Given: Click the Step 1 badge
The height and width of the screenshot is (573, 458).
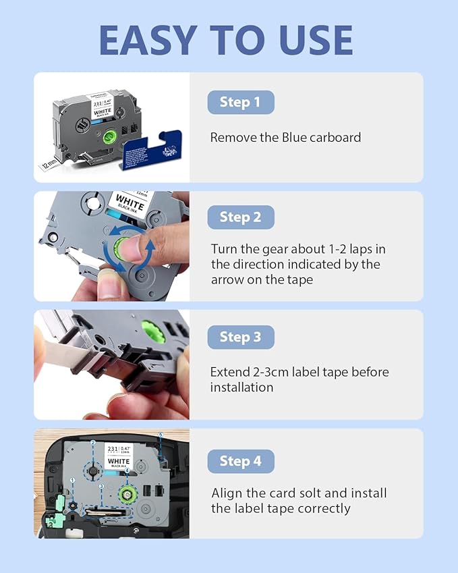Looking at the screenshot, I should point(240,103).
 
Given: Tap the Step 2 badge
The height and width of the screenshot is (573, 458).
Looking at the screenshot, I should point(240,217).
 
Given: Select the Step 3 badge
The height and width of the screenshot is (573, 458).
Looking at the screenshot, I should point(240,337).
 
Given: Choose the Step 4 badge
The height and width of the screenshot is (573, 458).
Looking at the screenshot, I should point(240,462).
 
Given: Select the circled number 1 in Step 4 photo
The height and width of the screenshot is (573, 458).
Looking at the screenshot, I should point(72,480).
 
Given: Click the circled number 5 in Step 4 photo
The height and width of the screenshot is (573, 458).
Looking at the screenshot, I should point(160,434).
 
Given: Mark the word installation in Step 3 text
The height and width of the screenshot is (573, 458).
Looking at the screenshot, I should point(241,387).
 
